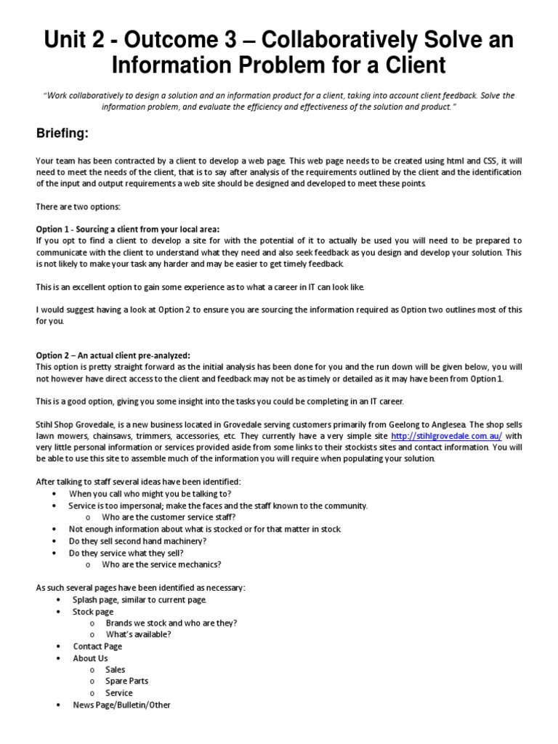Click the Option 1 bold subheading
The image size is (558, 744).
click(127, 229)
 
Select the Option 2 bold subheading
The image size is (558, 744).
click(113, 355)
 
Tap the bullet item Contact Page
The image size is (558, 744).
click(97, 646)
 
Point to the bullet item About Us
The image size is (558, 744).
click(90, 658)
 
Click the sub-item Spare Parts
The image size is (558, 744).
click(127, 681)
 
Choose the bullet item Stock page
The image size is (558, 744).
click(93, 611)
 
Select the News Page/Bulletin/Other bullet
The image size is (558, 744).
click(121, 704)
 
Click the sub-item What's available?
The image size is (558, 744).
click(138, 634)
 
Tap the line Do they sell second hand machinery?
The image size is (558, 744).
click(137, 541)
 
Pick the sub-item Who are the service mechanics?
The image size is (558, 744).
click(161, 564)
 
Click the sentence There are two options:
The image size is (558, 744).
click(78, 207)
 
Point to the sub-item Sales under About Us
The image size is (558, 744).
click(116, 669)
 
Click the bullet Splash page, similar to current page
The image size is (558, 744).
click(139, 599)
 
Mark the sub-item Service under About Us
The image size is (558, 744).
click(119, 692)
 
